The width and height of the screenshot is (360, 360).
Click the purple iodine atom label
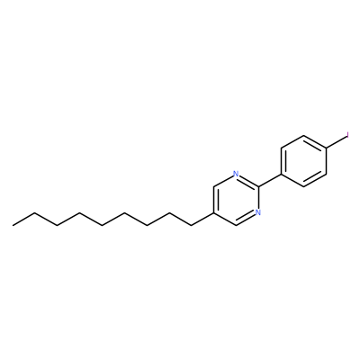tap(347, 135)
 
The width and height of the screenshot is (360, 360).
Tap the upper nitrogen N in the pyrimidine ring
tap(236, 174)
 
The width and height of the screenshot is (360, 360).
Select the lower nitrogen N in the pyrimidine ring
tap(258, 212)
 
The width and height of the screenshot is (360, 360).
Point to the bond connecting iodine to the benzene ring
tap(336, 141)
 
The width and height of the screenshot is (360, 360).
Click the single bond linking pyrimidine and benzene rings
tap(269, 180)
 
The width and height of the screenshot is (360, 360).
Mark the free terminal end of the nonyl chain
tap(13, 225)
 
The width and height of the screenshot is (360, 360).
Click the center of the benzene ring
tap(303, 161)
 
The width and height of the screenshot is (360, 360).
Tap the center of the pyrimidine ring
tap(236, 200)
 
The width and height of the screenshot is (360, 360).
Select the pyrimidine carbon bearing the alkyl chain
tap(213, 212)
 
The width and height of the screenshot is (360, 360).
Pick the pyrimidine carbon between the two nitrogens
tap(258, 186)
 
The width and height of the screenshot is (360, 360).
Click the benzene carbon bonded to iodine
tap(326, 148)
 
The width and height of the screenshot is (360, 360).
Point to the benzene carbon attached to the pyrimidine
tap(281, 174)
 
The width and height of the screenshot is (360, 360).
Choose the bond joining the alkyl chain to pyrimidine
tap(202, 219)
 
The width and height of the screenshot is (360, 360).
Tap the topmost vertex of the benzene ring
tap(303, 135)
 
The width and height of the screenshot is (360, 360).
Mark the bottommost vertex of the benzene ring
tap(303, 187)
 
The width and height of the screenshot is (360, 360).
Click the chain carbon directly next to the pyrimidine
tap(191, 226)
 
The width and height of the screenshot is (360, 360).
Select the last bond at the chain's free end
tap(24, 219)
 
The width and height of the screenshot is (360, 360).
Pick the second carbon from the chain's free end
tap(35, 212)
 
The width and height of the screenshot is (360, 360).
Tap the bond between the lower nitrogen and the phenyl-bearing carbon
tap(258, 198)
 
